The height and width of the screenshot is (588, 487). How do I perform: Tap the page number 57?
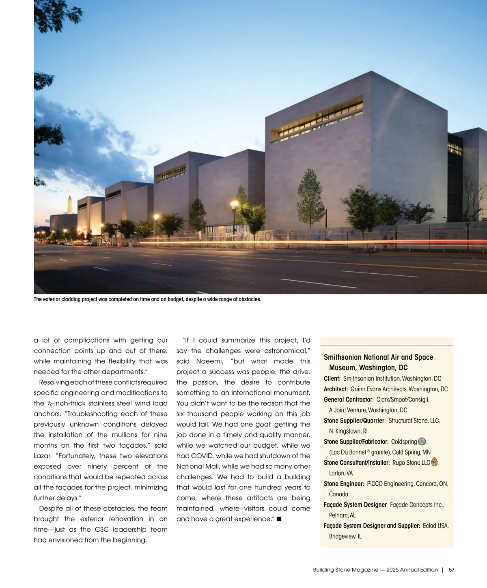(452, 570)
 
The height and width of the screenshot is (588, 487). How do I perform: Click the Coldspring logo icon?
(422, 442)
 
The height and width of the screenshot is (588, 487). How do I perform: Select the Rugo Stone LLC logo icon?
(435, 462)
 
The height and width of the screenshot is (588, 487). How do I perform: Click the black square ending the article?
(279, 519)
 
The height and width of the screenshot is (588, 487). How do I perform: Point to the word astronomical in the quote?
(287, 351)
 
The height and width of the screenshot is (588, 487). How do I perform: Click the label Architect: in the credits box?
(336, 389)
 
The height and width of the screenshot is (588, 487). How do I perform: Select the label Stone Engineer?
(344, 484)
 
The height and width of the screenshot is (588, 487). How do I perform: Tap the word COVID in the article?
(202, 456)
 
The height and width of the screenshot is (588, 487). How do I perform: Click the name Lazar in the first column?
(42, 456)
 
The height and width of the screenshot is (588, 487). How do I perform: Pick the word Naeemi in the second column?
(209, 361)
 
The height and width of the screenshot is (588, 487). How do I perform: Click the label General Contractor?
(349, 400)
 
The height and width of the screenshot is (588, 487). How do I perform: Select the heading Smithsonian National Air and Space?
(378, 357)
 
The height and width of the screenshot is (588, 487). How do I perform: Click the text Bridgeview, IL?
(345, 536)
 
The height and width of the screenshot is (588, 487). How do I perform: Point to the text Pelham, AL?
(342, 515)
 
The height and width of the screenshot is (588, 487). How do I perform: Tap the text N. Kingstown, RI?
(348, 431)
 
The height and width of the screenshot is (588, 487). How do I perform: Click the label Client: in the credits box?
(332, 379)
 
